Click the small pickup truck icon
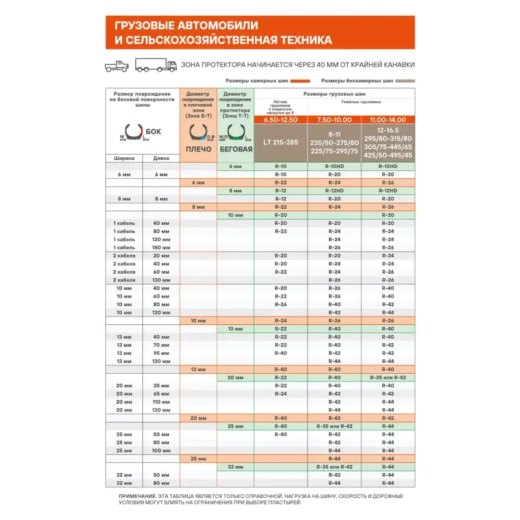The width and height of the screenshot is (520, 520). [117, 65]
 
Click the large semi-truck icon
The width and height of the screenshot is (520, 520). [156, 65]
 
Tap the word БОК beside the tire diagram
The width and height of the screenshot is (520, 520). [153, 131]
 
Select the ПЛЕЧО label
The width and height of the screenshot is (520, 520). [199, 149]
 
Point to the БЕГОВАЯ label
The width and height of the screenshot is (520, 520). [235, 149]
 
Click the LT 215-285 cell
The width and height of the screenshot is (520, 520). [281, 142]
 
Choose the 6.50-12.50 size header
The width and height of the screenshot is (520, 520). [281, 120]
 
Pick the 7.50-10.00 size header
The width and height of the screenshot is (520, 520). [334, 120]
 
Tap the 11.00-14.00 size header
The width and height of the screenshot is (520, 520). [387, 120]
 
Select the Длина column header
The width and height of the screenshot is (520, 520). [161, 158]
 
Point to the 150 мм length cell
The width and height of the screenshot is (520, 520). [161, 248]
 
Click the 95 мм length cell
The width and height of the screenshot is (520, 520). [161, 353]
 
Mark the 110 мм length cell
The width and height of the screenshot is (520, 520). [161, 402]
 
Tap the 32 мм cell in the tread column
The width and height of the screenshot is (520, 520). [235, 467]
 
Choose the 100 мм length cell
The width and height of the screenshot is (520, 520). [161, 450]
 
